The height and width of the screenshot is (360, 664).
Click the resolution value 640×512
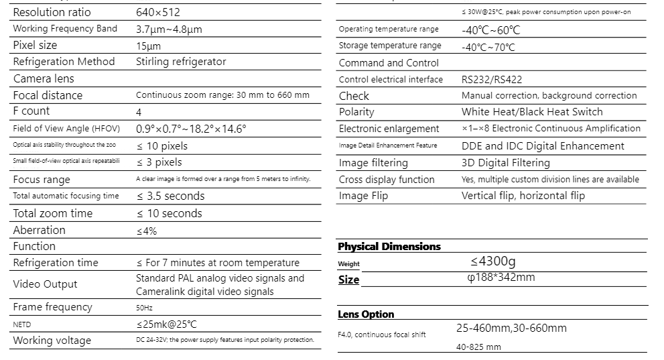[x=158, y=12]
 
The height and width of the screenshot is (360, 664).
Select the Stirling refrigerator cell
[x=181, y=62]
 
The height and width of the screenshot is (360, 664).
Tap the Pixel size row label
[x=35, y=45]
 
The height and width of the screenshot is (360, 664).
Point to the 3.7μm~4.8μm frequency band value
[x=169, y=29]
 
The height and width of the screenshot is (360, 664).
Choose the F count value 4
[x=139, y=112]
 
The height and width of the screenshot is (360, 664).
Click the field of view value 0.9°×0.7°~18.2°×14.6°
[x=191, y=129]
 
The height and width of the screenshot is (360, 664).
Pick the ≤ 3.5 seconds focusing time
[x=170, y=196]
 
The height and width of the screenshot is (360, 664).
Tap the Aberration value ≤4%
[x=146, y=231]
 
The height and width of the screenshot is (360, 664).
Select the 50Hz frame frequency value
[x=144, y=308]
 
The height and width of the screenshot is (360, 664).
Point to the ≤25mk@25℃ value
[x=166, y=324]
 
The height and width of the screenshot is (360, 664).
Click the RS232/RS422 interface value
[x=492, y=79]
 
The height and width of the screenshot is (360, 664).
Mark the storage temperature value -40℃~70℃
[x=488, y=47]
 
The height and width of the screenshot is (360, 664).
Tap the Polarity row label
[x=356, y=112]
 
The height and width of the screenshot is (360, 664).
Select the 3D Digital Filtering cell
[x=505, y=163]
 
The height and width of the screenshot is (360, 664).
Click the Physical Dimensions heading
[x=389, y=247]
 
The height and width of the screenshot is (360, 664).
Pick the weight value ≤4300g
[x=493, y=261]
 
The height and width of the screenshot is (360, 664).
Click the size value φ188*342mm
[x=501, y=278]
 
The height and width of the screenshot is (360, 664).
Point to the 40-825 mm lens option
[x=478, y=347]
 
